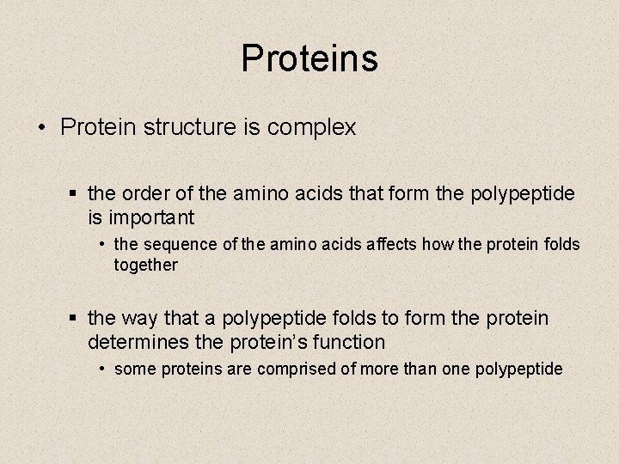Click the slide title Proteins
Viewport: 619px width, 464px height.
(x=309, y=58)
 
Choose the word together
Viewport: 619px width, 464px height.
(x=146, y=266)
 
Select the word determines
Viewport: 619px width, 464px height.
(x=138, y=342)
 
